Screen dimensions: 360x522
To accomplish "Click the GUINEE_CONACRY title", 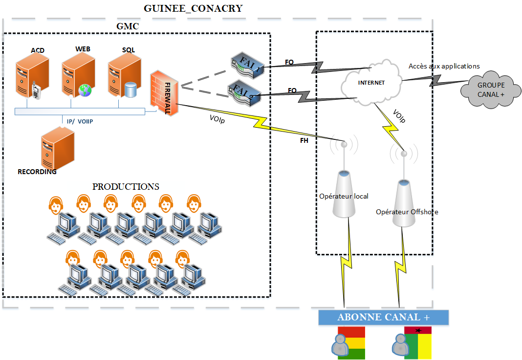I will [x=193, y=9].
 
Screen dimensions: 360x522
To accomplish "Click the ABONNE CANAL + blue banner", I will [x=383, y=317].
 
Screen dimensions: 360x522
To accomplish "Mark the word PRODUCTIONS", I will [x=126, y=187].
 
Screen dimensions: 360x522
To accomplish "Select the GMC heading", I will [x=128, y=26].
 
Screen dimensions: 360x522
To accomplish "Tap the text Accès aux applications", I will [x=444, y=66].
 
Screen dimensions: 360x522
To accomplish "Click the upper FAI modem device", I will [x=247, y=65].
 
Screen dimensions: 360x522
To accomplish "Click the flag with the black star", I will [x=418, y=343].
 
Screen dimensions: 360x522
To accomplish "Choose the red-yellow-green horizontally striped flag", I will [x=351, y=343].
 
